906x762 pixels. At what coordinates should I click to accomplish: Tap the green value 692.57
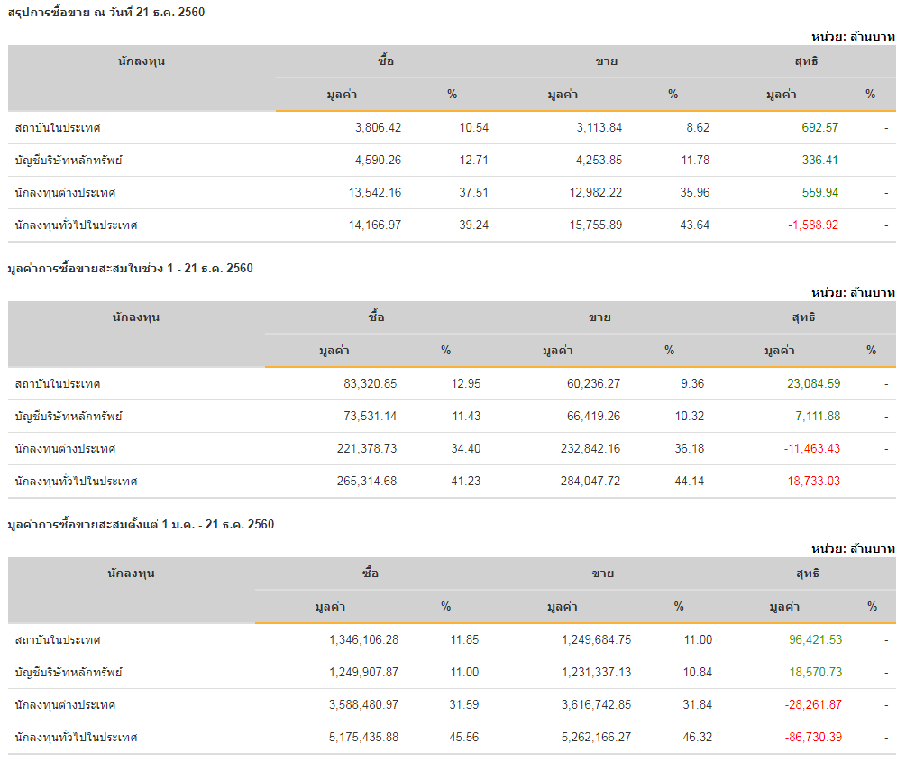(x=819, y=127)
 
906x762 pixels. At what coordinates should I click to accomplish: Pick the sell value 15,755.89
(x=590, y=225)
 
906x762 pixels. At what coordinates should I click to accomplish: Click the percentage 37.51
(x=473, y=192)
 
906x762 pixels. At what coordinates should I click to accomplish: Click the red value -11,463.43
(x=811, y=448)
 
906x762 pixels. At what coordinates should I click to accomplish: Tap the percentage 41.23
(x=465, y=481)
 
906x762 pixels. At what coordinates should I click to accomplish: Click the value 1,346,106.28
(x=363, y=639)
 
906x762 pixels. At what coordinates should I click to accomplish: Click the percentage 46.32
(x=697, y=737)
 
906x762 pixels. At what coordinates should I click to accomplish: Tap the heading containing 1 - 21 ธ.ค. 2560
(x=130, y=268)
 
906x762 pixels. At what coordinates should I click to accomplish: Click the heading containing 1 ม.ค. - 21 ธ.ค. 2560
(x=140, y=524)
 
